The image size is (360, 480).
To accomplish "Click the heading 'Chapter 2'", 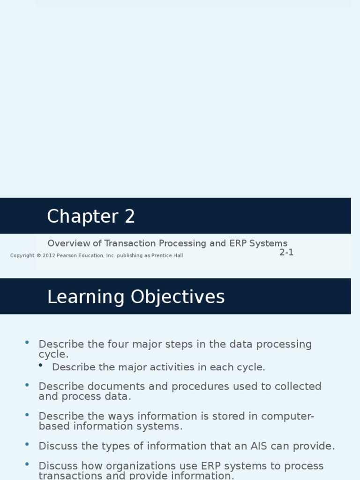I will click(x=91, y=217).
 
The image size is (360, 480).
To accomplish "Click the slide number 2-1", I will click(x=286, y=252).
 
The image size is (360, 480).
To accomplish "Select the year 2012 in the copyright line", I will click(x=49, y=255).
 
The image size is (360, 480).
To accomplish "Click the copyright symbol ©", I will click(x=38, y=255).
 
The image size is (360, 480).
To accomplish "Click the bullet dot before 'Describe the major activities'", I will click(x=41, y=365).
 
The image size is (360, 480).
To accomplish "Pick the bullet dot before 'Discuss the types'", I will click(x=27, y=443).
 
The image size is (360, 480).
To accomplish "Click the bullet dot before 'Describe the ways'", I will click(x=27, y=414).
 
